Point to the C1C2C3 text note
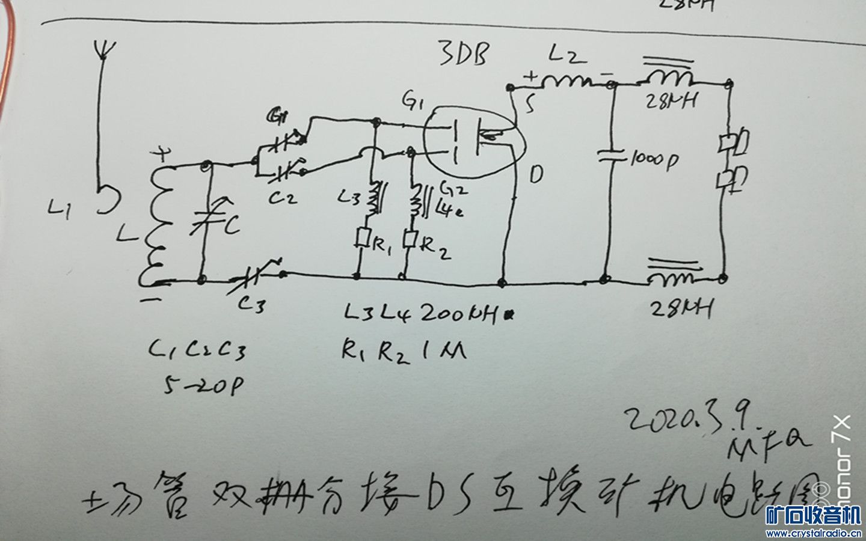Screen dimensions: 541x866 point(198,349)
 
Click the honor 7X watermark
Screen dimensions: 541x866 point(841,463)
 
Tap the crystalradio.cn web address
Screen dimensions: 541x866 point(813,533)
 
